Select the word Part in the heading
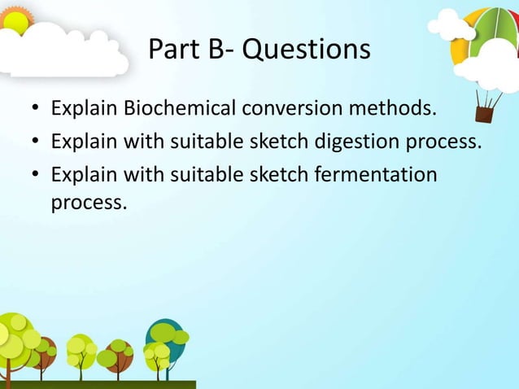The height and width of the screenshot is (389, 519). [173, 50]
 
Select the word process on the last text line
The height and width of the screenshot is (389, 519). [88, 200]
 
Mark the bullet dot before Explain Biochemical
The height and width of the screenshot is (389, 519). [35, 109]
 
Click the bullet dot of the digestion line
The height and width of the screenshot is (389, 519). [35, 143]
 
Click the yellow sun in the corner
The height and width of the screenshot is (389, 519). [15, 15]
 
